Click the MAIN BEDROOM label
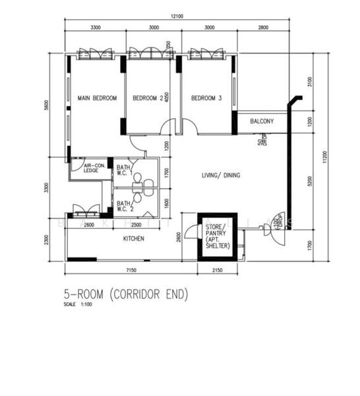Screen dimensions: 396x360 97,98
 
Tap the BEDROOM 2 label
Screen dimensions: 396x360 148,98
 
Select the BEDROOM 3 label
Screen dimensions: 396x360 206,98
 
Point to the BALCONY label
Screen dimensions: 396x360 262,121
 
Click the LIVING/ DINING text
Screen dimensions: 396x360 220,176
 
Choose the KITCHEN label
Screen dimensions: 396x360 133,240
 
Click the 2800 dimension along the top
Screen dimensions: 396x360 263,28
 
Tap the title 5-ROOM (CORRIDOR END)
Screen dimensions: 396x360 125,294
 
